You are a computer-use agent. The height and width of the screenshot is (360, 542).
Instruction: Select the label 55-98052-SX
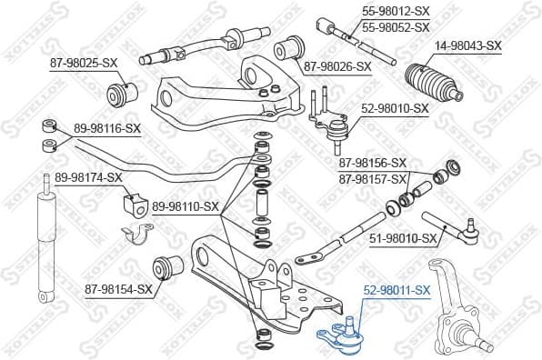coord(396,28)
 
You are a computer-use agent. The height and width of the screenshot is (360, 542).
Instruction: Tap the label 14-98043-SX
coord(467,45)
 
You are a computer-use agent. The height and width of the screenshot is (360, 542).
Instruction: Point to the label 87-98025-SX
coord(84,63)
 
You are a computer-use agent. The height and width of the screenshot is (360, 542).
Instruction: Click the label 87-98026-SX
coord(337,66)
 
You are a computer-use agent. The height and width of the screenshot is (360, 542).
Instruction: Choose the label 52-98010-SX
coord(395,108)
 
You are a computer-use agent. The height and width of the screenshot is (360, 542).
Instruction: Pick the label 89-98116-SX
coord(107,129)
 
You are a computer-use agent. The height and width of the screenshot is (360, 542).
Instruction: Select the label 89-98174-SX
coord(88,176)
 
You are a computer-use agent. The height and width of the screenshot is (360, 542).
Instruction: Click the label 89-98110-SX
coord(186,206)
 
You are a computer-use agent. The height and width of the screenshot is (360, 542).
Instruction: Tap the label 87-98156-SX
coord(373,163)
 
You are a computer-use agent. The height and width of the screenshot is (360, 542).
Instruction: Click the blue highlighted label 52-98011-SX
coord(396,290)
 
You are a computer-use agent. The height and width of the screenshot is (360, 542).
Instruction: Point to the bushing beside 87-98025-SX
coord(121,92)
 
